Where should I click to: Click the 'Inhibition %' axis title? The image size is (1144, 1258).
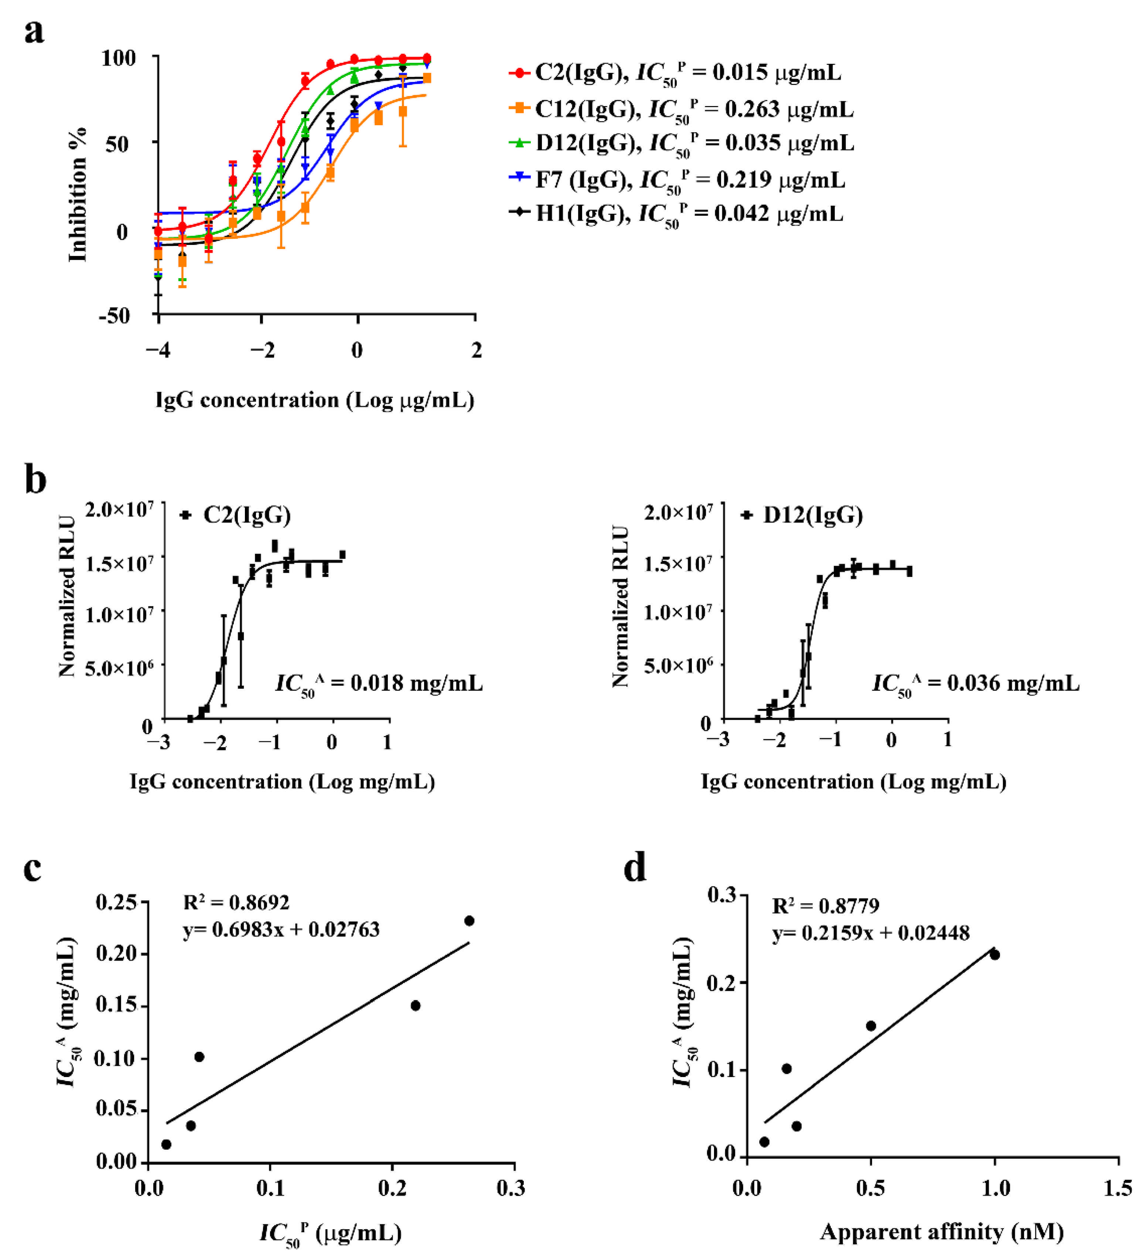pos(78,195)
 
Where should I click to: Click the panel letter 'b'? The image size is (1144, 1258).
pos(35,481)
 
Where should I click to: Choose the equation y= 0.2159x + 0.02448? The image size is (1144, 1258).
pos(871,933)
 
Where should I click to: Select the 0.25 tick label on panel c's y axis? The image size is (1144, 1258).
pos(116,902)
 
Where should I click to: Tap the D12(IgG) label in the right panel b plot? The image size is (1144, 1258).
pos(813,516)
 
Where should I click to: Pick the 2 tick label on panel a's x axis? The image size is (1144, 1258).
pos(476,351)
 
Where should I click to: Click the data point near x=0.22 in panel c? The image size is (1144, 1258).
pos(416,1005)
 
